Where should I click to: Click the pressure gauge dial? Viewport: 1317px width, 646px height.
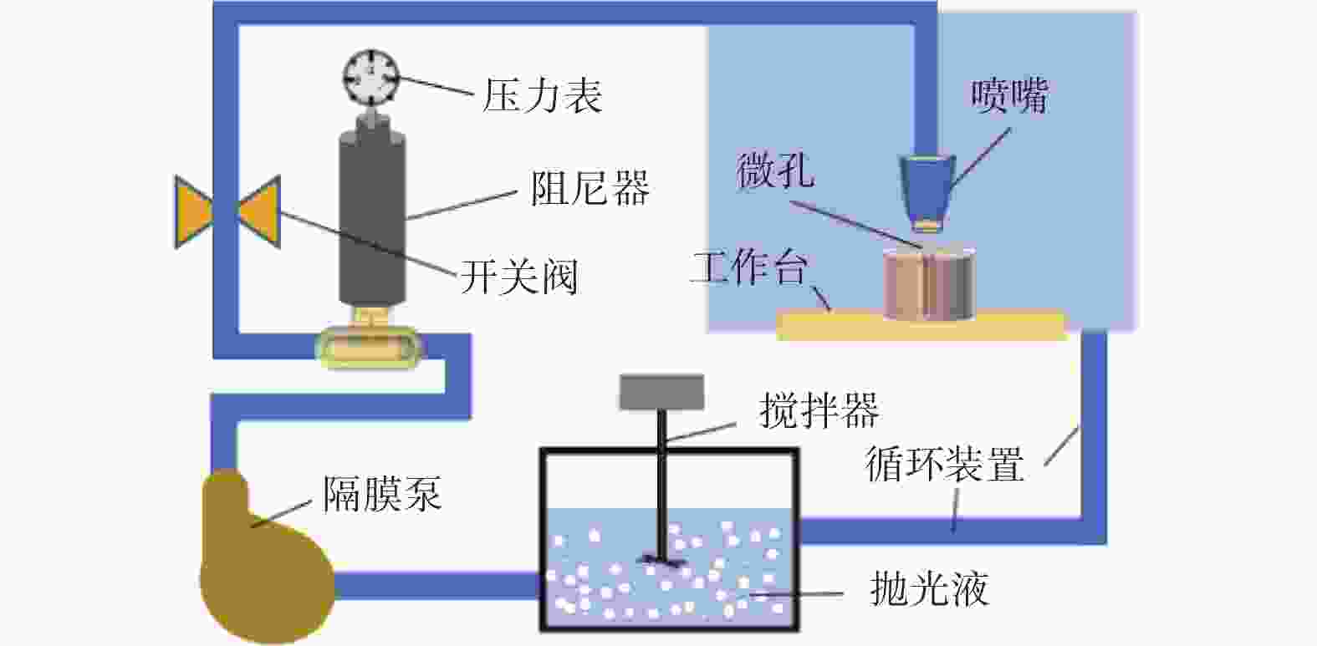[x=371, y=77]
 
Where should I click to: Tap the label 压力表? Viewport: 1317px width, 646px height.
[x=543, y=95]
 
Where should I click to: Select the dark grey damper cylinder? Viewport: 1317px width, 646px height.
[x=372, y=216]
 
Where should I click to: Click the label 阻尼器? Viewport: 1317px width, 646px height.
[x=590, y=189]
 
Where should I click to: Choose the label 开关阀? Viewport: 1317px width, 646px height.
[x=519, y=277]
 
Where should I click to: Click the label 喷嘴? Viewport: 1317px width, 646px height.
[x=1009, y=96]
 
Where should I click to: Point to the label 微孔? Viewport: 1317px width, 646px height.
[x=775, y=171]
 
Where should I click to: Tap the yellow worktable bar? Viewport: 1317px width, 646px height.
[x=920, y=325]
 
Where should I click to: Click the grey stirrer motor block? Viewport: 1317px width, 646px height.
[x=661, y=392]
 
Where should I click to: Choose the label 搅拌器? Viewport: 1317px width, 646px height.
[x=819, y=411]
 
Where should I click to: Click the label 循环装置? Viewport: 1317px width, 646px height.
[x=945, y=463]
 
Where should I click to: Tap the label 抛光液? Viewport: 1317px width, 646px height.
[x=929, y=588]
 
